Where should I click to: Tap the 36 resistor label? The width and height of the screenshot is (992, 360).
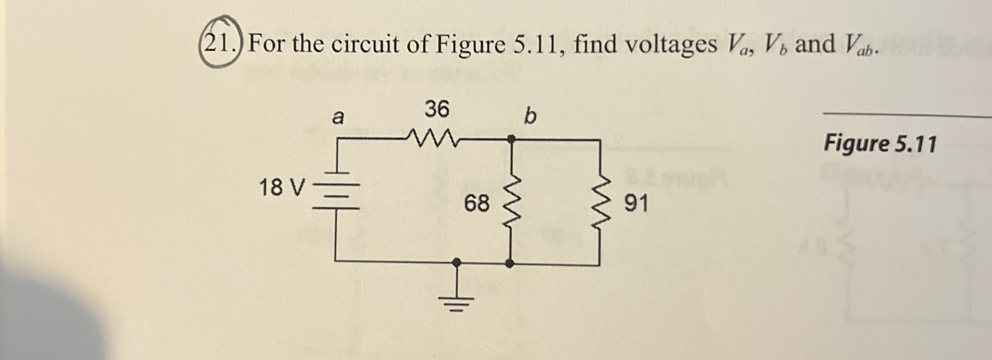coord(437,109)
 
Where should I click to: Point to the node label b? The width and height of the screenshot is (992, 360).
coord(530,117)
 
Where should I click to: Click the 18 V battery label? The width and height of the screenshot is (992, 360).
coord(282,188)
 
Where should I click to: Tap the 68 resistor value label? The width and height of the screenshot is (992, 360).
coord(477,203)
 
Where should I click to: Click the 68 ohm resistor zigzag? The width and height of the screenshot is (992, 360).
coord(511,204)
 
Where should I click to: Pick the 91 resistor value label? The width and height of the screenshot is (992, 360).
coord(636,204)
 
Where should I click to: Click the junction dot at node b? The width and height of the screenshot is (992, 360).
coord(511,139)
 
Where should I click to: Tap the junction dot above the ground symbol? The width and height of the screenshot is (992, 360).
coord(456,263)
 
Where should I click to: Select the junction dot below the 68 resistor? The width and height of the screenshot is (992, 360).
coord(510,263)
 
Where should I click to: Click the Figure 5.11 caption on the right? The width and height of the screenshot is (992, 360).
coord(880,144)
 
